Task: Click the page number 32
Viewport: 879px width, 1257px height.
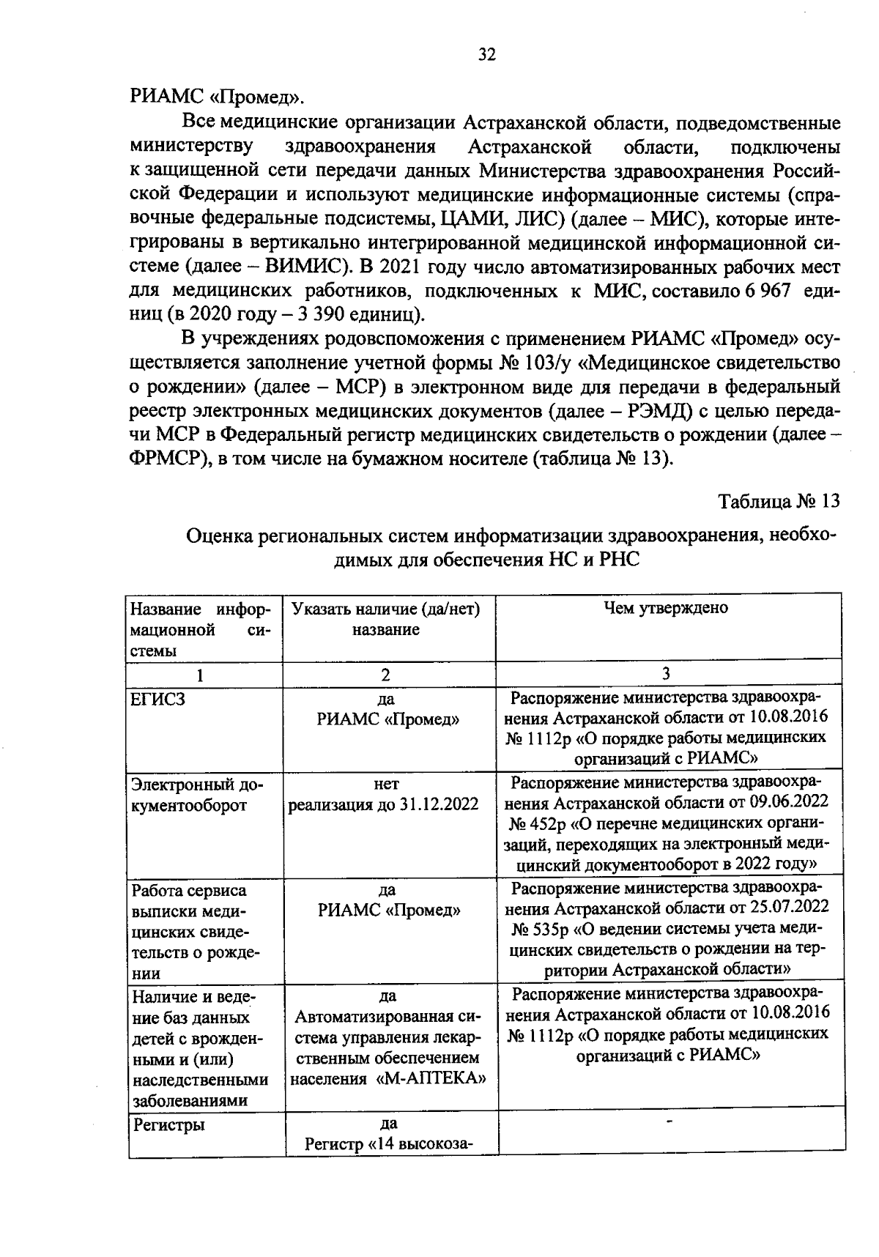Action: pyautogui.click(x=486, y=55)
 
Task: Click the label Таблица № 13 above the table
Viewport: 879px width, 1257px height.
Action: pyautogui.click(x=777, y=502)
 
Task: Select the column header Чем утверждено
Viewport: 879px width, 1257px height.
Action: pyautogui.click(x=665, y=608)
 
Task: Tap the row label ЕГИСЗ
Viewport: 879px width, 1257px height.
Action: pyautogui.click(x=157, y=699)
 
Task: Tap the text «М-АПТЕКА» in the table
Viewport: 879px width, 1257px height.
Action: pyautogui.click(x=433, y=1080)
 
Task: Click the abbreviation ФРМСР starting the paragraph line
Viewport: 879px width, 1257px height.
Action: pyautogui.click(x=168, y=459)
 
